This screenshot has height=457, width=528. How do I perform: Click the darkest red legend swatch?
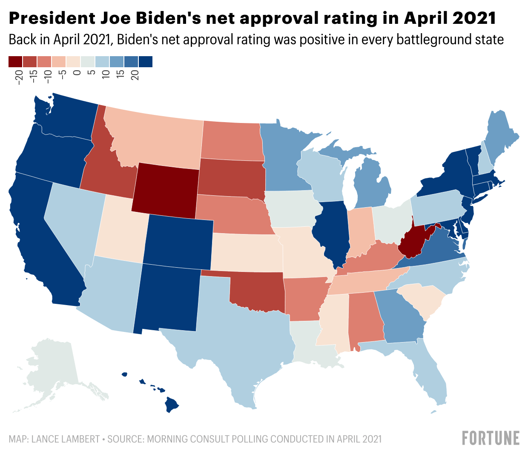click(x=15, y=62)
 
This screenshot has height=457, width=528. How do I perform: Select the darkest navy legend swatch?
click(x=146, y=62)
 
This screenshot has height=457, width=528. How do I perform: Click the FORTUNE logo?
click(x=491, y=438)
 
